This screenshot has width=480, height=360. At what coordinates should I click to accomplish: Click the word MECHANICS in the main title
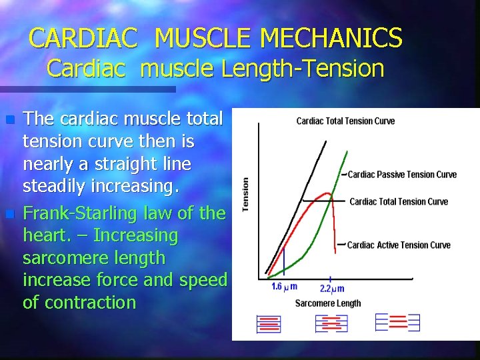[x=331, y=38]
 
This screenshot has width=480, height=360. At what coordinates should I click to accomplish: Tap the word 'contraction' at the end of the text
[x=79, y=302]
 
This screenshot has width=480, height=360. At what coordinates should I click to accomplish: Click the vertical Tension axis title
[x=245, y=195]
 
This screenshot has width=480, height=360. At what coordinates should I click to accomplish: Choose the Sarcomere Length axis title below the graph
[x=327, y=303]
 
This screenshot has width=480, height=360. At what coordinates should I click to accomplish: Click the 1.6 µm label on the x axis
[x=284, y=287]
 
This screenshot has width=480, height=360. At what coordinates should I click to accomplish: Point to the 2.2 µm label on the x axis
[x=331, y=288]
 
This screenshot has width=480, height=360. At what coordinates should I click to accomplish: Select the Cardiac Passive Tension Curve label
[x=402, y=175]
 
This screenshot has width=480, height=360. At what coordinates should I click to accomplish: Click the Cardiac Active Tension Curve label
[x=399, y=245]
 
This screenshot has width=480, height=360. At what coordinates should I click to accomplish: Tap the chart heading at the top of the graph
[x=345, y=121]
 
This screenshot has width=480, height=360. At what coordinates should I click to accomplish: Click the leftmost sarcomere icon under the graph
[x=269, y=324]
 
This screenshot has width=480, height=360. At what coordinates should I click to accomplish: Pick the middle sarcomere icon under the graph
[x=331, y=323]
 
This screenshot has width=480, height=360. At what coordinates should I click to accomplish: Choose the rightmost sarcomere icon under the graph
[x=397, y=323]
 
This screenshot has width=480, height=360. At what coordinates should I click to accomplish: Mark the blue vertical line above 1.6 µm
[x=284, y=261]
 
